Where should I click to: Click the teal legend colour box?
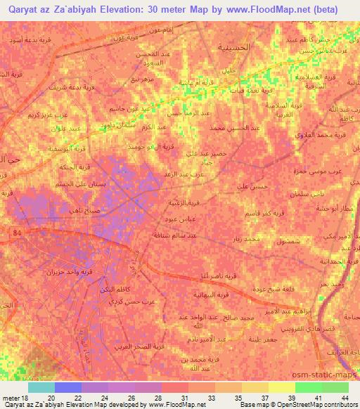(x=41, y=387)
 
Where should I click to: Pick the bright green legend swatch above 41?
(x=308, y=387)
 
